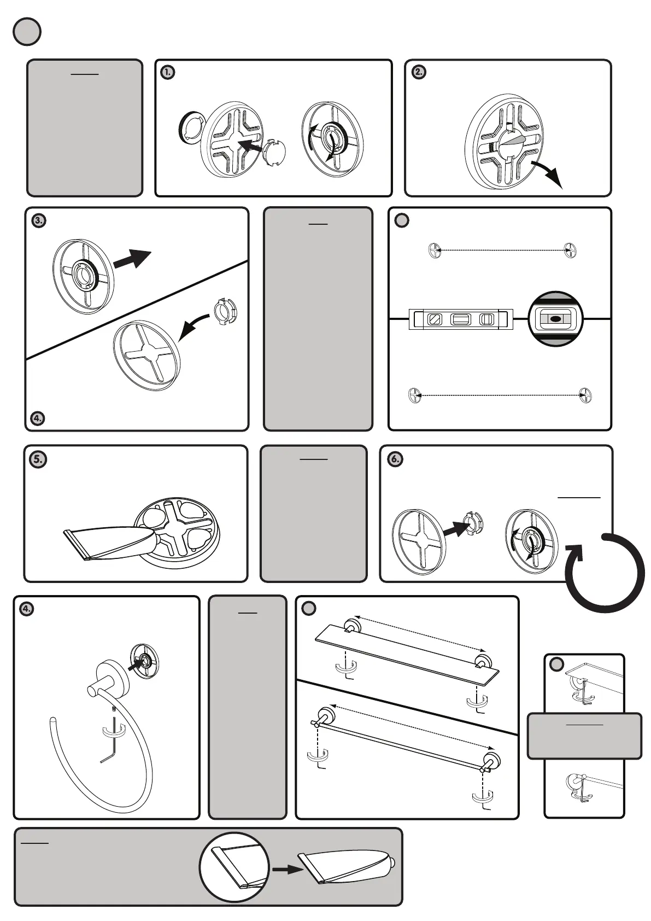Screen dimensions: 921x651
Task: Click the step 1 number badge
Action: click(168, 72)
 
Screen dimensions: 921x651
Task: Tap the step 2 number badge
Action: click(418, 72)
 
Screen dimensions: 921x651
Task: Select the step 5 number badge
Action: click(37, 459)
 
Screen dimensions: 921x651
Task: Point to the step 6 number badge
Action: click(395, 459)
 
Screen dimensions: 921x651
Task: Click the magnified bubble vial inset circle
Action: click(556, 319)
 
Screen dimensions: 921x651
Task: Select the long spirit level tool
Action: click(461, 319)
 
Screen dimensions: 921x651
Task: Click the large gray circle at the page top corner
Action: click(27, 31)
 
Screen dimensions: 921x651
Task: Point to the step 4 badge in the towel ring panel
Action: click(26, 608)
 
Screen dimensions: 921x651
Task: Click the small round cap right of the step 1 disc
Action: click(275, 154)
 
